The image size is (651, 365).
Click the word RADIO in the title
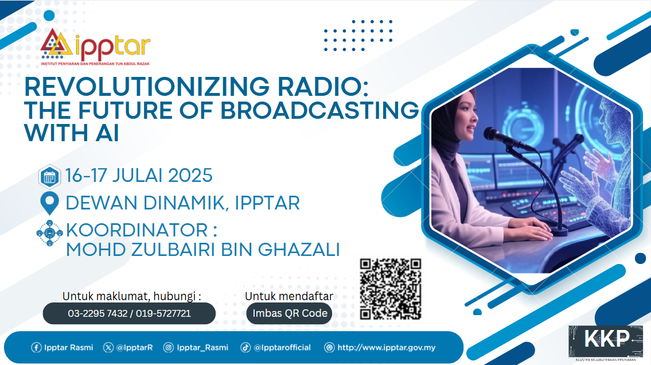(322, 87)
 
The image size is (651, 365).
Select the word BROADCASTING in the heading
(319, 110)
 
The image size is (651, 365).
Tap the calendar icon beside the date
(49, 177)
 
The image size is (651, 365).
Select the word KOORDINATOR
(137, 230)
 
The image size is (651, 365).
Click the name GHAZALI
(299, 250)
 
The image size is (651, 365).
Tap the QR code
(390, 289)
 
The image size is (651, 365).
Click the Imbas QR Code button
(290, 313)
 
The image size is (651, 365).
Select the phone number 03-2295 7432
(98, 313)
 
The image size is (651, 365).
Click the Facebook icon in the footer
(36, 348)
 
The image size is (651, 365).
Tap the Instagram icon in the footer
(168, 348)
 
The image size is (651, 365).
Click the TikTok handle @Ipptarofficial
(282, 348)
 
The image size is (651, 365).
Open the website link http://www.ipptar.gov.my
(386, 348)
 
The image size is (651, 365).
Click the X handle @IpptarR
(135, 348)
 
